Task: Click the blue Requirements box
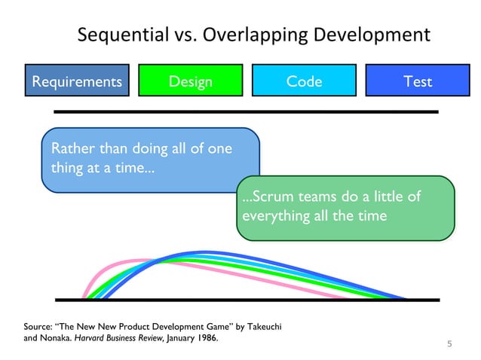[76, 81]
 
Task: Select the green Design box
[191, 81]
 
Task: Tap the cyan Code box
[304, 81]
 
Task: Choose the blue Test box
[417, 81]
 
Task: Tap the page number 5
[449, 345]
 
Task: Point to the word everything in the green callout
[273, 216]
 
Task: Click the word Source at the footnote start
[41, 327]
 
